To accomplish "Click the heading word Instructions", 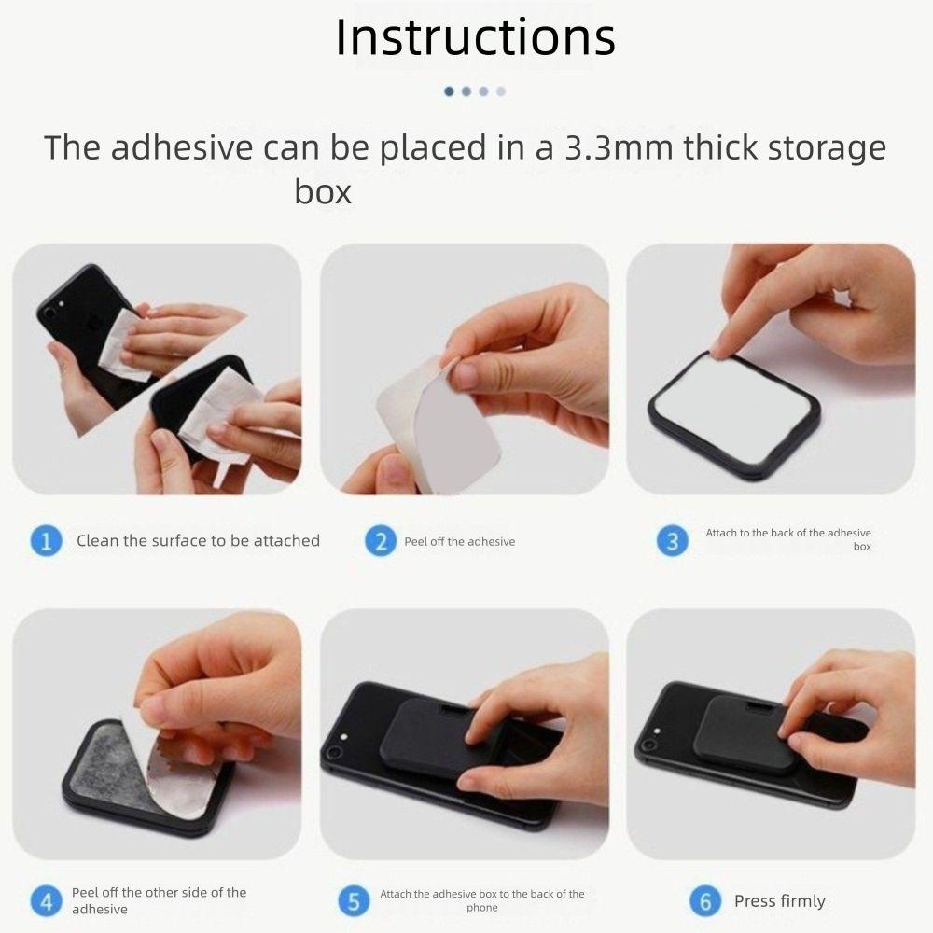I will click(x=475, y=37).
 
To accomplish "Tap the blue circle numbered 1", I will click(x=46, y=541).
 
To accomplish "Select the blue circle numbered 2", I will click(x=379, y=541).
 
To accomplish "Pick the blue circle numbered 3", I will click(x=673, y=540).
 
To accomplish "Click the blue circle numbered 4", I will click(x=46, y=901).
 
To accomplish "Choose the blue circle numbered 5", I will click(x=352, y=901).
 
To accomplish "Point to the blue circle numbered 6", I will click(x=704, y=901).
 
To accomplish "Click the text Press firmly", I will click(x=779, y=901).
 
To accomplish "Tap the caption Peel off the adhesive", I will click(x=459, y=541).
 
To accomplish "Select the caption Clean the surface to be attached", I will click(x=198, y=541).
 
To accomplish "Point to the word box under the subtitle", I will click(x=323, y=192).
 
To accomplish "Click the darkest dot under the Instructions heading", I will click(x=449, y=91).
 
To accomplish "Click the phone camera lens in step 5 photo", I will click(x=332, y=751).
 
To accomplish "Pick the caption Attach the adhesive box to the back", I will click(x=481, y=900).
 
